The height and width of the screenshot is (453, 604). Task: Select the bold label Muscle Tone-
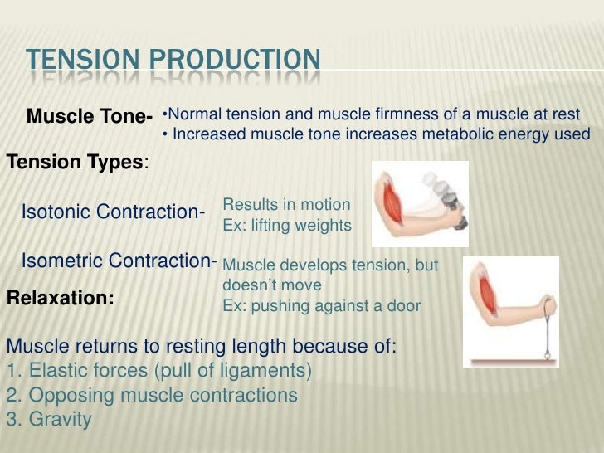point(90,117)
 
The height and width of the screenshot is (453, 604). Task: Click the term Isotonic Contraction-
point(113,212)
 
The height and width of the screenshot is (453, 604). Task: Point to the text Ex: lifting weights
point(287,225)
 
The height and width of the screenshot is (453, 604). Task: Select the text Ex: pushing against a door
point(322,305)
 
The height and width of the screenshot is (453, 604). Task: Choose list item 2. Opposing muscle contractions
point(151,396)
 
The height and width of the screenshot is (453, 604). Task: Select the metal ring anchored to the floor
point(547,353)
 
